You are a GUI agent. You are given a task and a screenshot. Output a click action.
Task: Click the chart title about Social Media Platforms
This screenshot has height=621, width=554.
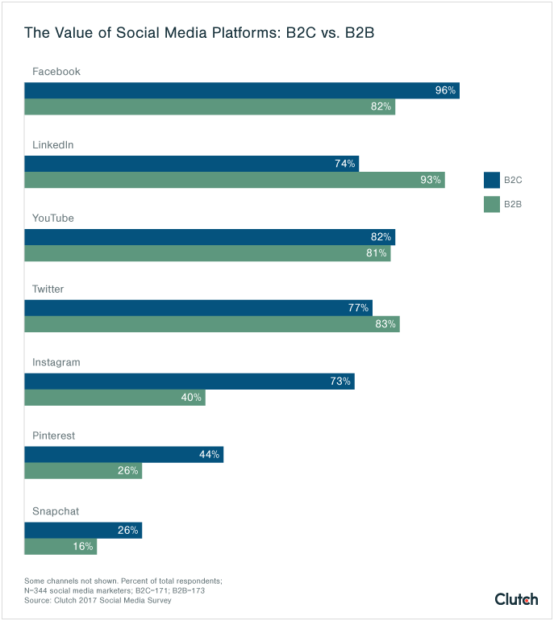[199, 33]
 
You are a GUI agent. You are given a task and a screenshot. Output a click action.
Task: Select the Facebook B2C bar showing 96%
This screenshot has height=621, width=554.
[241, 90]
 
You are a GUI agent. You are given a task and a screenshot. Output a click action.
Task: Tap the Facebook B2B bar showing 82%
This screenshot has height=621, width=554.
[210, 106]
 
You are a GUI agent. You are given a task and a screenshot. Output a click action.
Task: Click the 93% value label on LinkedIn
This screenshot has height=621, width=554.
[431, 180]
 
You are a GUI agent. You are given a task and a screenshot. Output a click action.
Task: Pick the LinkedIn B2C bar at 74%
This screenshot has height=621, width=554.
[191, 164]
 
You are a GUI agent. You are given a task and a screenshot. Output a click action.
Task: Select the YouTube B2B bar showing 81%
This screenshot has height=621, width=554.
[207, 253]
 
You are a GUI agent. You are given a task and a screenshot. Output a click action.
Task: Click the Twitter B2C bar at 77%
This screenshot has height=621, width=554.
[198, 307]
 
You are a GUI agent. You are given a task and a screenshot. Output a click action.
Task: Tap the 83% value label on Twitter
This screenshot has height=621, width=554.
[385, 324]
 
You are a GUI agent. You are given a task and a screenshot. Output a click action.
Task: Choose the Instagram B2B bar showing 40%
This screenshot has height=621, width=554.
[115, 398]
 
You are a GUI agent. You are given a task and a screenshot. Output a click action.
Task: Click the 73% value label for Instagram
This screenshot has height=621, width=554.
[340, 381]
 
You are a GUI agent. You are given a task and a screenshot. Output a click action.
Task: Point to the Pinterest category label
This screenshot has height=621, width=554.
[53, 436]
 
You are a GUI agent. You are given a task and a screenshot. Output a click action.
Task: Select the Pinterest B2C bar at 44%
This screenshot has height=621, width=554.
[123, 454]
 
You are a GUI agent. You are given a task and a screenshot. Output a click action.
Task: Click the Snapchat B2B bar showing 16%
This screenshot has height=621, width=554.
[60, 546]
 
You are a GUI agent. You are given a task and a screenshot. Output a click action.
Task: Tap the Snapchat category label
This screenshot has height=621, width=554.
[56, 511]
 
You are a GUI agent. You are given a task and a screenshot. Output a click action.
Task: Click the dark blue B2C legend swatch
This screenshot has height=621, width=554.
[492, 180]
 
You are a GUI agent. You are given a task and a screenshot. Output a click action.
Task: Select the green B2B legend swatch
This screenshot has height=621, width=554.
[492, 204]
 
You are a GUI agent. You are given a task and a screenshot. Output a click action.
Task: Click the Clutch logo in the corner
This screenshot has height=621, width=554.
[516, 598]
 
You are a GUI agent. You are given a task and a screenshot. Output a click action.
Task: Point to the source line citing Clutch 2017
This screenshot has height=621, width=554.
[98, 601]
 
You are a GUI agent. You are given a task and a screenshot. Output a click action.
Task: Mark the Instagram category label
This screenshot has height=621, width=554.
[56, 362]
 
